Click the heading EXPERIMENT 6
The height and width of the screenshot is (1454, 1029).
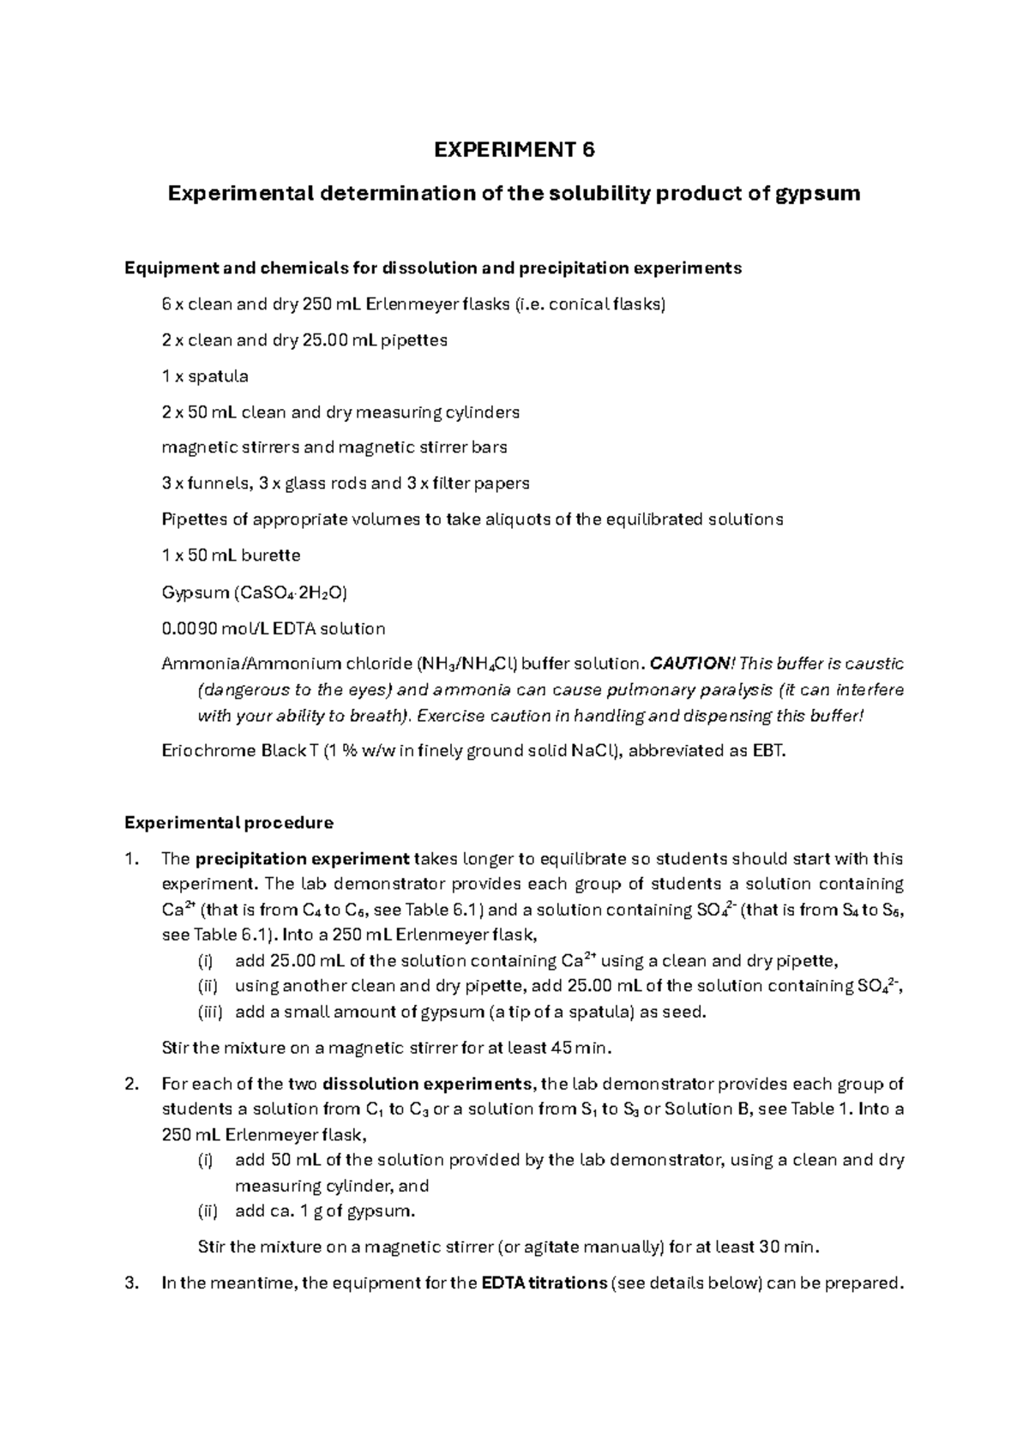[x=514, y=151]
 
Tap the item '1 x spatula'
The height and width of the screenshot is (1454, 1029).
[x=205, y=376]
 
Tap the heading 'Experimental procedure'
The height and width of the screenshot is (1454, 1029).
[x=229, y=824]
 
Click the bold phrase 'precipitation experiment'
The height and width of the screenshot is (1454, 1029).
[x=303, y=860]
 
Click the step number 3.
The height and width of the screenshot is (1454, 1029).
[x=130, y=1284]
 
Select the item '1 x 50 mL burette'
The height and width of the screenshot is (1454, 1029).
[x=232, y=556]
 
